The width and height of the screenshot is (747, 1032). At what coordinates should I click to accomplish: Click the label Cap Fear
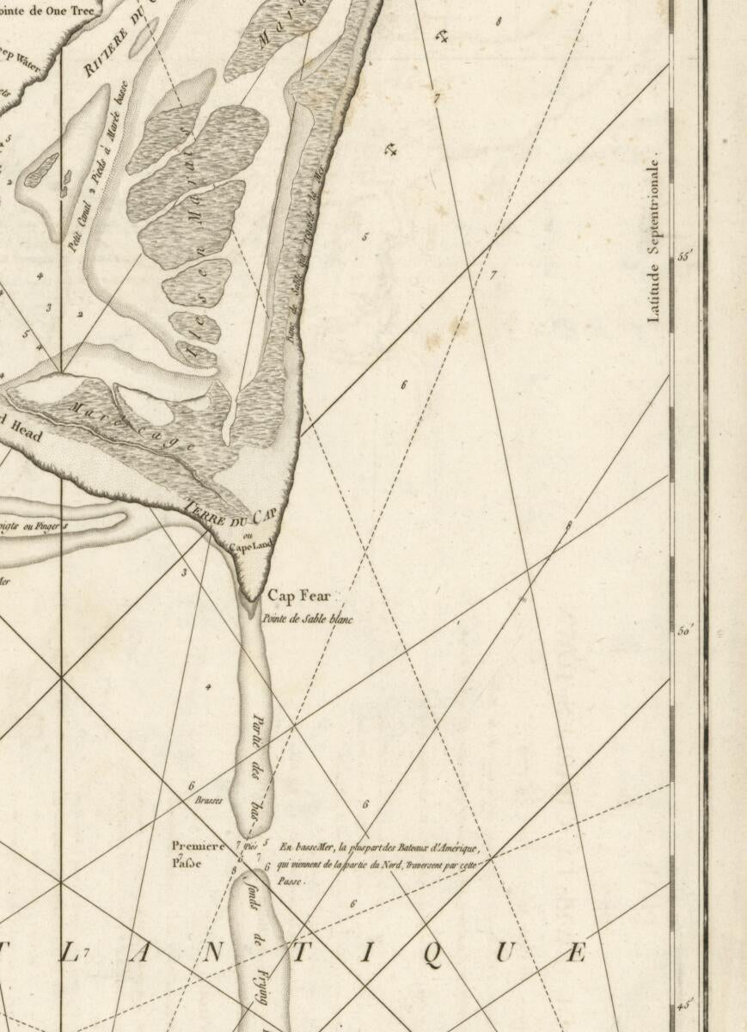coord(298,595)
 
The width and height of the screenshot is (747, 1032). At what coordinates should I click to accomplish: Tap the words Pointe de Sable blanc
coord(308,618)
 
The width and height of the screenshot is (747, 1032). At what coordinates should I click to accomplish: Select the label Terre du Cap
coord(232,515)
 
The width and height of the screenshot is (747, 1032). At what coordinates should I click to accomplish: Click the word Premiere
coord(199,845)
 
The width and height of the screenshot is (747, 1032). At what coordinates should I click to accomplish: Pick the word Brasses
coord(209,800)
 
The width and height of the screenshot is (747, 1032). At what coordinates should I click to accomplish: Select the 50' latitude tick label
coord(686,630)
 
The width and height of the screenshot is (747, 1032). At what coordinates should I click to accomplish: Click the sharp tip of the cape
coord(250,599)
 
